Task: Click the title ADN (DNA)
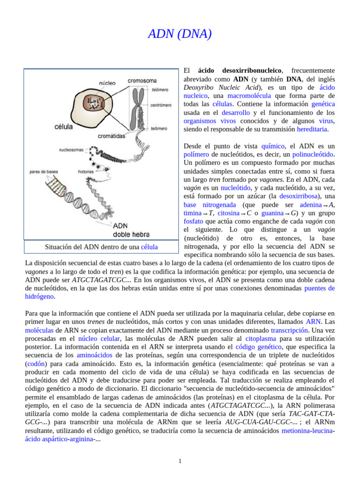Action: pyautogui.click(x=180, y=34)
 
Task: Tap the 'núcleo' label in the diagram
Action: pyautogui.click(x=107, y=83)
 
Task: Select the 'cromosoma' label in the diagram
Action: pyautogui.click(x=142, y=81)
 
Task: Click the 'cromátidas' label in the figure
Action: pyautogui.click(x=112, y=136)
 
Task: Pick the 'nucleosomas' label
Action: pyautogui.click(x=72, y=150)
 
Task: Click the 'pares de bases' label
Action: pyautogui.click(x=44, y=172)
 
